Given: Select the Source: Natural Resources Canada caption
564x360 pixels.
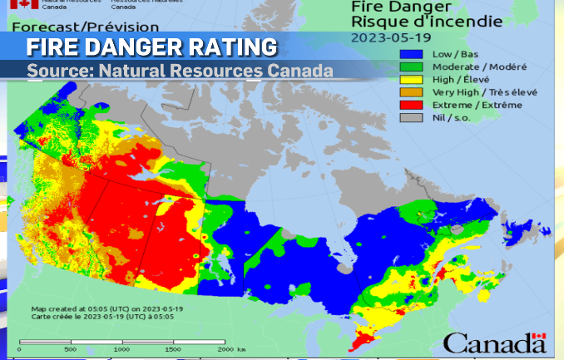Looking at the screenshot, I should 180,71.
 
